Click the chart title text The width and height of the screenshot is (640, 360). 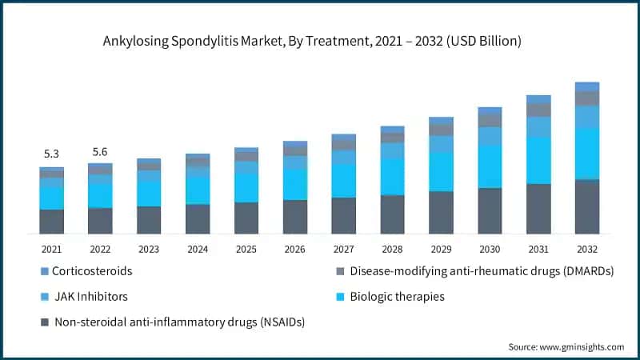320,41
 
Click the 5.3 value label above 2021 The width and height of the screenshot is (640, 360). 51,154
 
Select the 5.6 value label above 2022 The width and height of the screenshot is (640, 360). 100,151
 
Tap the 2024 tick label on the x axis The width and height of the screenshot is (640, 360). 198,249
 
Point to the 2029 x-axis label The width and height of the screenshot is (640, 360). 441,249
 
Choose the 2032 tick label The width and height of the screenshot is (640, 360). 587,249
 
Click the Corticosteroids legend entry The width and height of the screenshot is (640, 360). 92,271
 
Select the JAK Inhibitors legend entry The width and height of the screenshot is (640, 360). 90,297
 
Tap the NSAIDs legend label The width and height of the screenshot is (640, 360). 179,322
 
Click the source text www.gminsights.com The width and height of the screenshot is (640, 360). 566,346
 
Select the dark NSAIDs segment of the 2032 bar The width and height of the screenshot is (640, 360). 587,206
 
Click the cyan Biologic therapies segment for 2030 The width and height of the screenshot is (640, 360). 490,167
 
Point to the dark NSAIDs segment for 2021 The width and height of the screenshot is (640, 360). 51,222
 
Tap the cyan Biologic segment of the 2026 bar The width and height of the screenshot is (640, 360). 294,185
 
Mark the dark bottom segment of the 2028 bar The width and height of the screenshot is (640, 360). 392,214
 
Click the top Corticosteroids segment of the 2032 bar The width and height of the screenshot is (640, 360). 587,86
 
